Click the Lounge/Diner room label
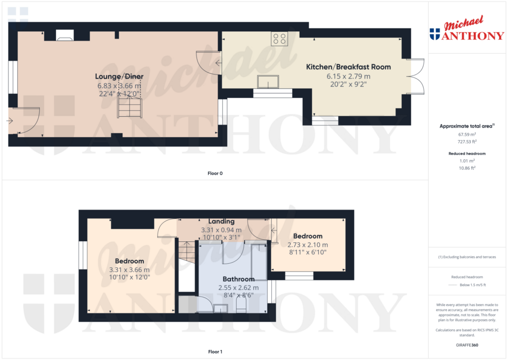(x=119, y=76)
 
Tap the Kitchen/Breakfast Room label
(x=348, y=67)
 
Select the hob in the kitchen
(x=279, y=39)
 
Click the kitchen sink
(x=268, y=81)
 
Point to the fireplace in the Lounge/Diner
(x=64, y=35)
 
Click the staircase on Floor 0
(x=129, y=107)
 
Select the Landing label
(x=221, y=221)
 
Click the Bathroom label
(x=238, y=279)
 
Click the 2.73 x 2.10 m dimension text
(x=308, y=245)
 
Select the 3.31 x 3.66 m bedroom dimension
(x=129, y=270)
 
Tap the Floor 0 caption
(x=215, y=173)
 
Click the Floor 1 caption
(x=215, y=352)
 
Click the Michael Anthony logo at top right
(x=466, y=30)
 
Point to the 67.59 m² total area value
(x=466, y=134)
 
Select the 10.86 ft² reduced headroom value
(x=466, y=168)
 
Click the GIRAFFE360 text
(x=466, y=345)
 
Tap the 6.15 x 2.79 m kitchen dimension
(x=348, y=76)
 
